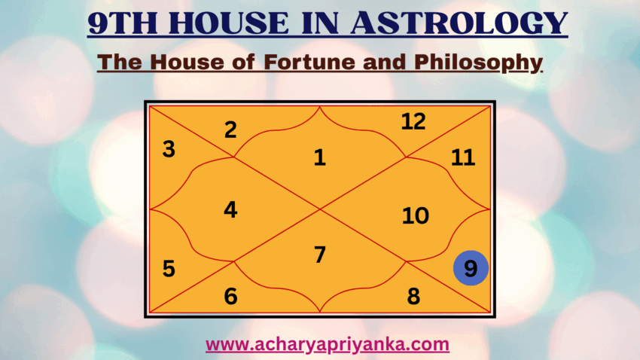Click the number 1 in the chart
coord(320,158)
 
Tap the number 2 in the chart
coord(230,130)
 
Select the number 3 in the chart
coord(169,150)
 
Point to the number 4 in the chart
coord(230,210)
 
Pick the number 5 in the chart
coord(169,269)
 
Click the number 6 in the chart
coord(230,297)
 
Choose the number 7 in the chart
coord(320,255)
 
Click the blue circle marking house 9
coord(471,269)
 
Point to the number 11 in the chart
coord(463,158)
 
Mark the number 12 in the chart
coord(413,121)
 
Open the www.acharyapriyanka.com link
coord(328,345)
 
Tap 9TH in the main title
coord(125,23)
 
